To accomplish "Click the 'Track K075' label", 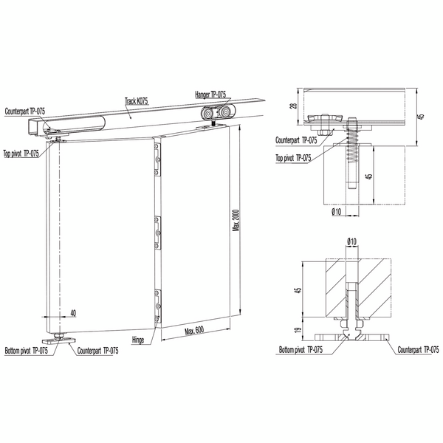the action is click(136, 101).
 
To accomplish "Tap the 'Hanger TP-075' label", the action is click(210, 95).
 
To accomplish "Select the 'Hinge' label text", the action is click(138, 340).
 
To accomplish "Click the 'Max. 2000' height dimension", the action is click(236, 220).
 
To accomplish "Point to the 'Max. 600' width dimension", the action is click(194, 330).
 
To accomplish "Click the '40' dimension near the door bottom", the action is click(73, 313).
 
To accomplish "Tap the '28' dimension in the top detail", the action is click(294, 106).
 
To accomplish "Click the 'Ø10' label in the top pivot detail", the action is click(337, 211).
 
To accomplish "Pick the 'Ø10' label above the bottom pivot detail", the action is click(351, 241).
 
